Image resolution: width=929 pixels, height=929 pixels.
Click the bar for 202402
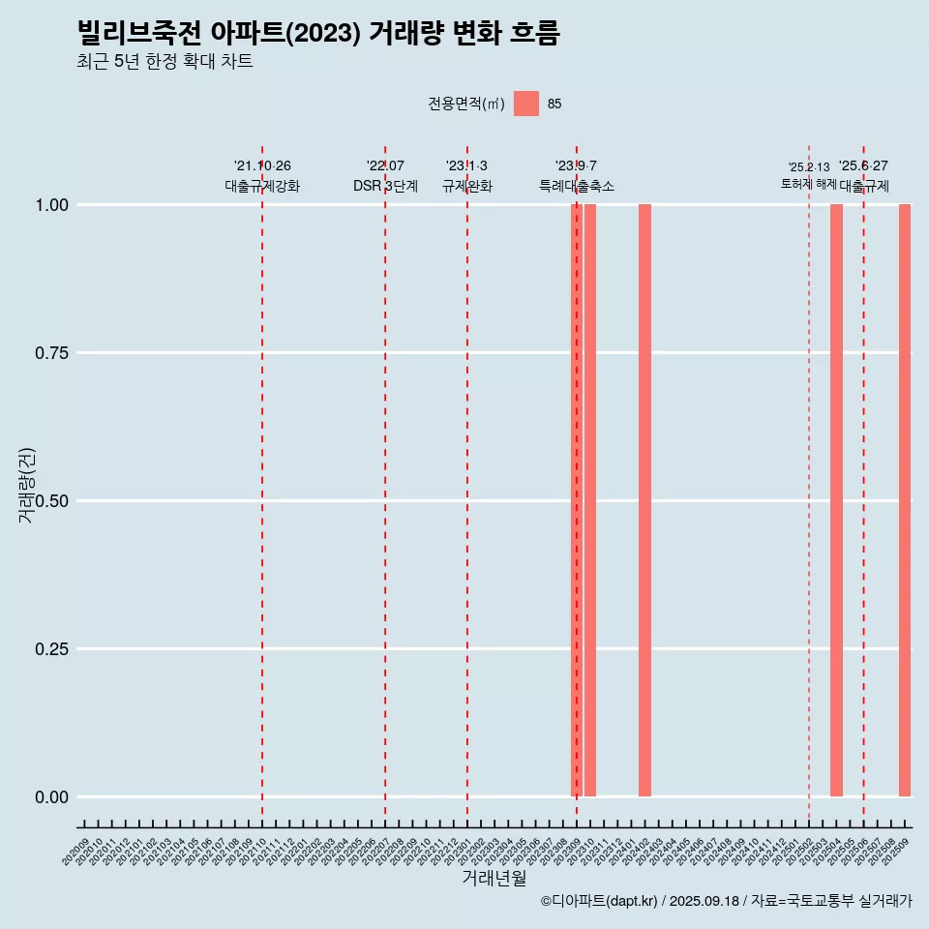pos(644,500)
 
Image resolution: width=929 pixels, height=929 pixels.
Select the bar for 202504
pos(836,500)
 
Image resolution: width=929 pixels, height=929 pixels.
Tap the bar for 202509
pos(905,500)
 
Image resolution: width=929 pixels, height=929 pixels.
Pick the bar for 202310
pos(590,500)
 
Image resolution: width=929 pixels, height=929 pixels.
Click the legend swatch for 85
pos(526,104)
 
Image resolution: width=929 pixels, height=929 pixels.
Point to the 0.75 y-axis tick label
pos(49,353)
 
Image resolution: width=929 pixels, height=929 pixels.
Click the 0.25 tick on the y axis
pos(49,649)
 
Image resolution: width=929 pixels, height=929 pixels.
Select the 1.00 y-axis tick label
pos(49,205)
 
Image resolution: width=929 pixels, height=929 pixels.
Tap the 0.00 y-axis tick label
pos(49,797)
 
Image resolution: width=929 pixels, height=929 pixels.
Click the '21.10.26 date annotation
pos(262,165)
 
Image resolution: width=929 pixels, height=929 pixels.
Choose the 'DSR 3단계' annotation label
pos(385,186)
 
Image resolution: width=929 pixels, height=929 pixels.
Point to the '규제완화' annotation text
pos(467,186)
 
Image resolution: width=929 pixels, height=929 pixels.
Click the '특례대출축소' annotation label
pos(577,186)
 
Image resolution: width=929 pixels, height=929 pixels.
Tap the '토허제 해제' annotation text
pos(809,184)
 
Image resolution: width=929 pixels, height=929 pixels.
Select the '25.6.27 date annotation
pos(863,165)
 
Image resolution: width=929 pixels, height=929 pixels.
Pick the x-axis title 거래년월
pos(494,879)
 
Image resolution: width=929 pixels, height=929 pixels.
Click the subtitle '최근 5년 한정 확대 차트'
pos(165,62)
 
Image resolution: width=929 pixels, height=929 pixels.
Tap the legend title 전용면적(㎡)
pos(466,104)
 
